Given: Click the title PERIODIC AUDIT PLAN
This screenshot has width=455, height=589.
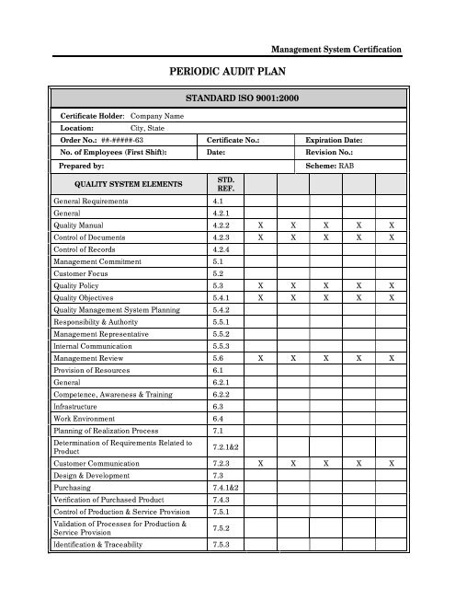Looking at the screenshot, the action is pos(227,69).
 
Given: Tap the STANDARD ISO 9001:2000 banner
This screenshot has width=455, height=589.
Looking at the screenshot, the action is pos(227,97).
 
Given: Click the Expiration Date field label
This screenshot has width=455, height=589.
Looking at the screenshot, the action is pos(336,140).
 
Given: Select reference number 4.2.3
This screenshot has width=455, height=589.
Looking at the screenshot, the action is pos(221,237).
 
